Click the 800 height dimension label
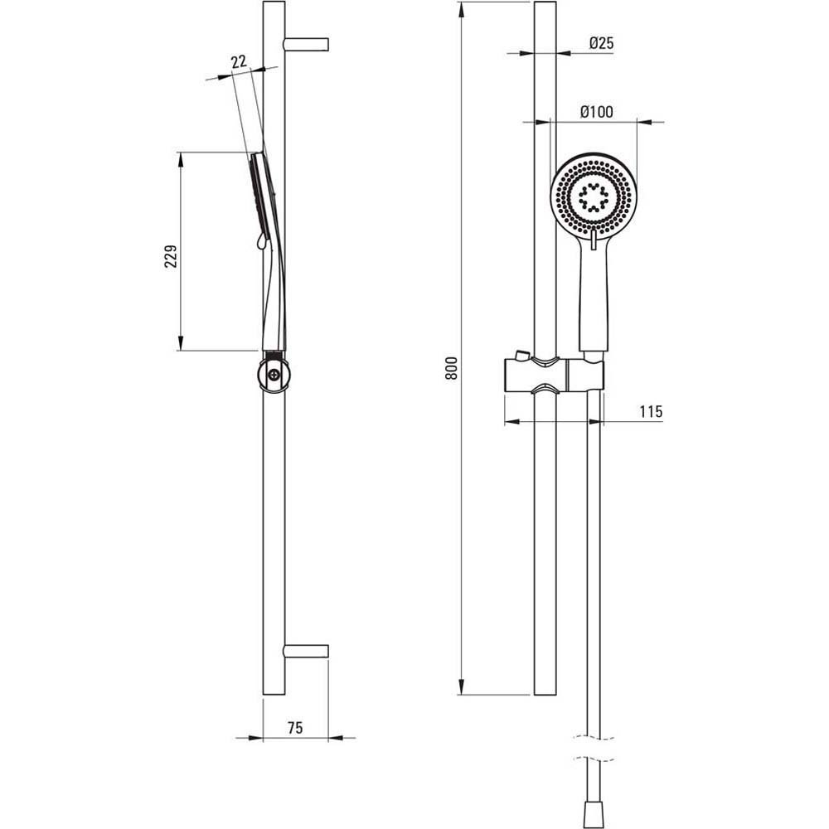coord(451,368)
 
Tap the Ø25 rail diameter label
coord(601,43)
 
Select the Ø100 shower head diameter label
coord(596,112)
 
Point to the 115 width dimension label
coord(651,411)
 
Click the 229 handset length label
coord(170,256)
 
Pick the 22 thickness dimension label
coord(239,61)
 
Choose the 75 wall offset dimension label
coord(296,728)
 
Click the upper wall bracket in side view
coord(307,45)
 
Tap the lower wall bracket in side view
coord(307,652)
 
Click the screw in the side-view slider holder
coord(274,375)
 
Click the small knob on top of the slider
coord(521,354)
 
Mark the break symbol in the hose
coord(594,748)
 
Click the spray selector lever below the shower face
coord(594,240)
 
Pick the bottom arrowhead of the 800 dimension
coord(462,686)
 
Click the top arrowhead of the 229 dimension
coord(180,160)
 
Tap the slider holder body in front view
coord(554,375)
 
